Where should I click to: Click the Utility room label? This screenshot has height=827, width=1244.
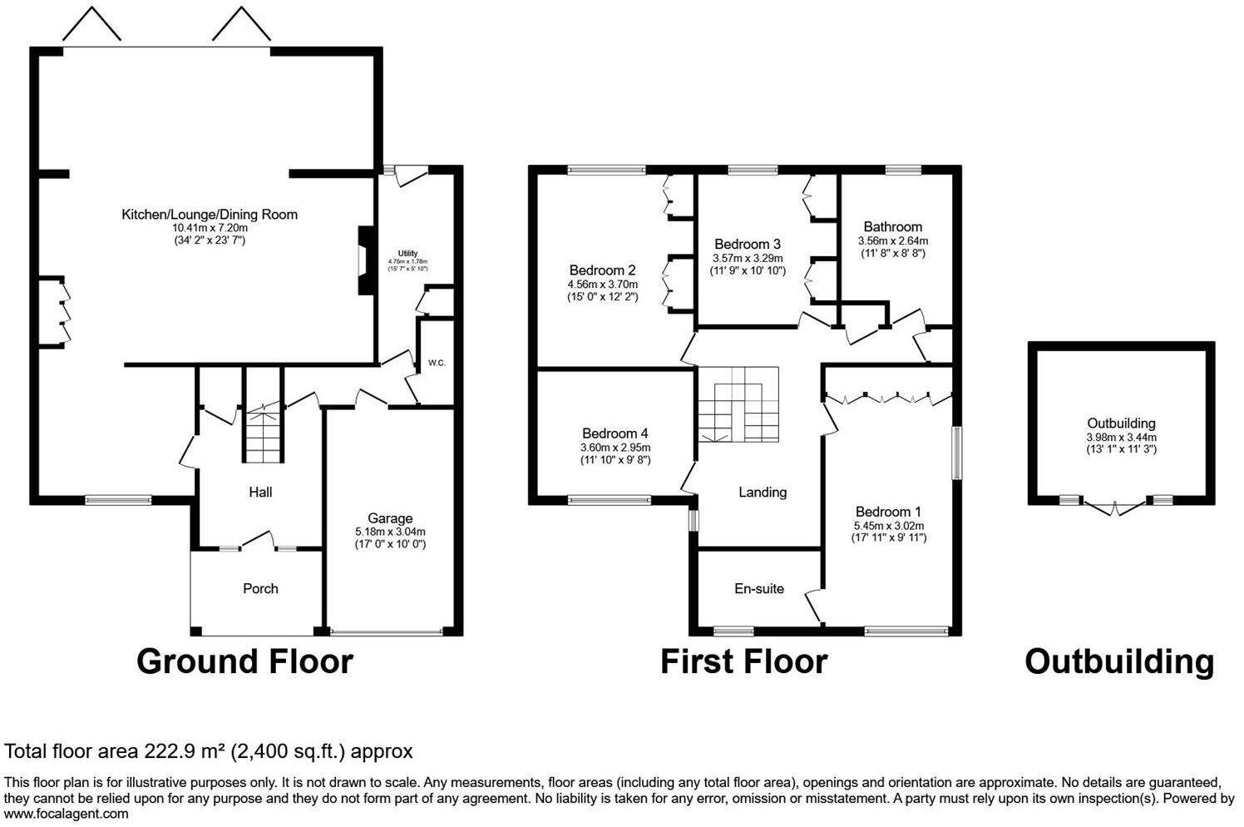(x=407, y=254)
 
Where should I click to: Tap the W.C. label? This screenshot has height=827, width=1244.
(x=437, y=364)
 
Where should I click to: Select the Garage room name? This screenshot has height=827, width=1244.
(x=390, y=518)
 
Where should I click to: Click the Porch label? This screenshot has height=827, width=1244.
(x=260, y=589)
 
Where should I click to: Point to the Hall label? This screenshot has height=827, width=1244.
(x=260, y=493)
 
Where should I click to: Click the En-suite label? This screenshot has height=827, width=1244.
(x=758, y=589)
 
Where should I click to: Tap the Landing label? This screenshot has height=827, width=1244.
(x=762, y=493)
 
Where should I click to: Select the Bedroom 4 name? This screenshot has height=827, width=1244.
(x=615, y=433)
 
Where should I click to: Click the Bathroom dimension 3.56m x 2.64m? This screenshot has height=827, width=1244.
(x=892, y=241)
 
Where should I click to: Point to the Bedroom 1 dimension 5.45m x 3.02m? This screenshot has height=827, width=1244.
(x=888, y=526)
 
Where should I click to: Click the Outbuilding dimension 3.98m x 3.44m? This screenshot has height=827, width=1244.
(x=1121, y=438)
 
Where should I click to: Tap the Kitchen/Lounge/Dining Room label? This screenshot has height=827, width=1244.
(x=210, y=215)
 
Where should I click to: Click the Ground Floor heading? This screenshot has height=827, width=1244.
(x=244, y=662)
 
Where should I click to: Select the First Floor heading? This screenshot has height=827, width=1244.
(x=743, y=662)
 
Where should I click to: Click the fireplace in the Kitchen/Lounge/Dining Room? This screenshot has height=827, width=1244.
(x=364, y=260)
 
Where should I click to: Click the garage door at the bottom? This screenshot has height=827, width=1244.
(x=387, y=632)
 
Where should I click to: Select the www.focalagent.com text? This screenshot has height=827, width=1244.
(x=67, y=814)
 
